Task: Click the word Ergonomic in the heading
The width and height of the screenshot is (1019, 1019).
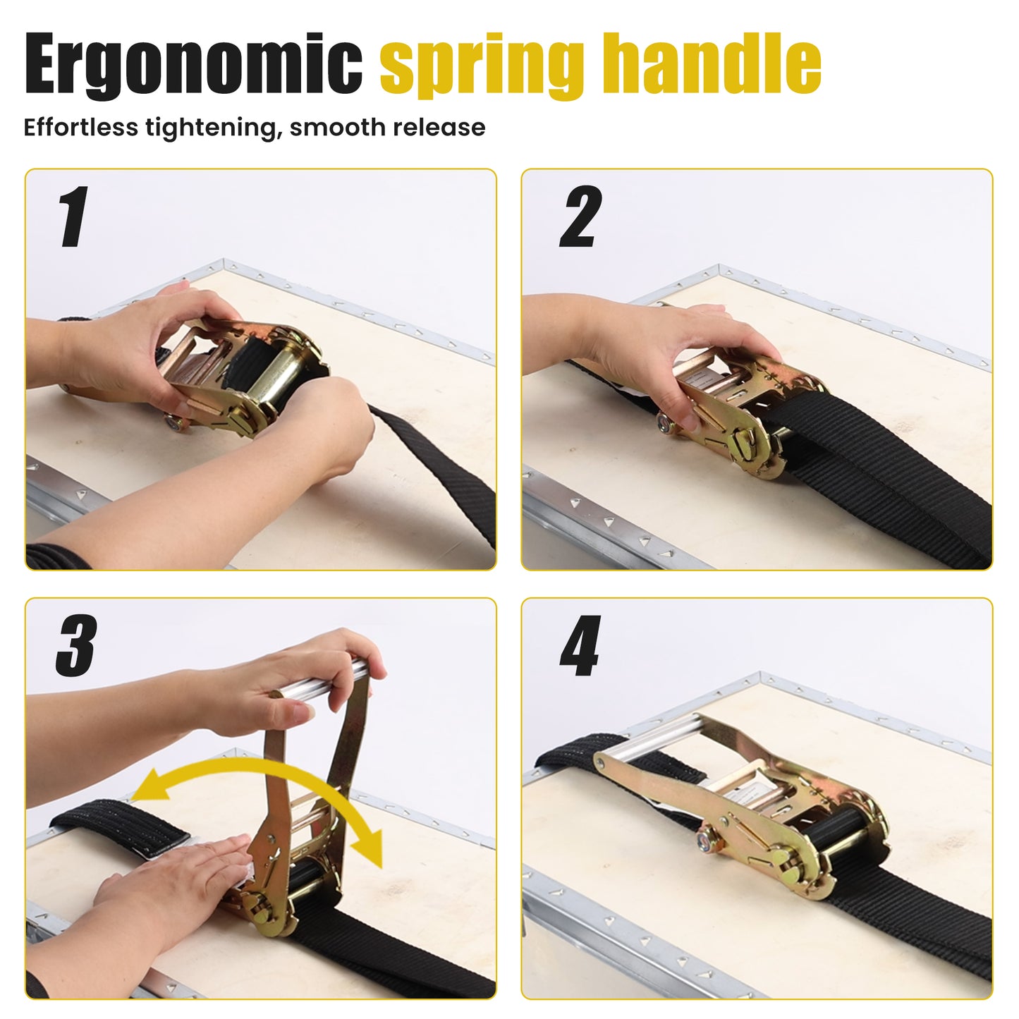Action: coord(193,64)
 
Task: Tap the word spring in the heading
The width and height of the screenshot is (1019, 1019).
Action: coord(482,66)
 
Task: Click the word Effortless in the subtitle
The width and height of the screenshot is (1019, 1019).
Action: coord(81,128)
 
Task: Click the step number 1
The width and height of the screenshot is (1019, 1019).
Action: coord(73,216)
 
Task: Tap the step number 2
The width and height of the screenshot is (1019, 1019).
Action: coord(580,216)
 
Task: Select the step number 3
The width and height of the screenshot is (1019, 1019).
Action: coord(77,645)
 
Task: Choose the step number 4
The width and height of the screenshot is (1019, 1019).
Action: coord(580,645)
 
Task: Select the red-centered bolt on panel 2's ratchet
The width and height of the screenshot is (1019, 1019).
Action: coord(664,422)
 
